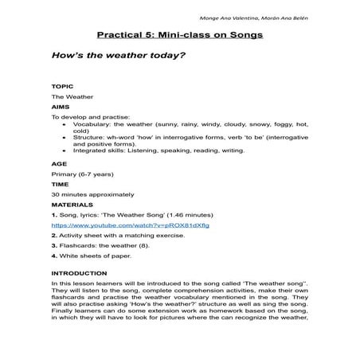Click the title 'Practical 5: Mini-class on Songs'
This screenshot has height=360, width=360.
(x=179, y=36)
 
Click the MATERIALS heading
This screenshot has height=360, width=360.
(x=71, y=205)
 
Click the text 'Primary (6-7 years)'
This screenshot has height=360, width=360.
(x=82, y=173)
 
